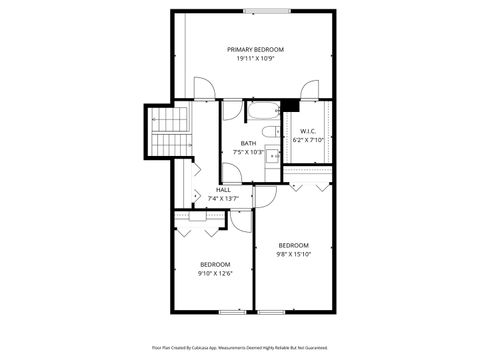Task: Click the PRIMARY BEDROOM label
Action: point(255,49)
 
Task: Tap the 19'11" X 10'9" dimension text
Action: point(255,59)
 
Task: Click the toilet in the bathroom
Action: point(267,131)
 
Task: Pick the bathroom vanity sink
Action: point(272,156)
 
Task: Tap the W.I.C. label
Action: point(307,131)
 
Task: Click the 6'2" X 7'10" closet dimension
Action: point(307,140)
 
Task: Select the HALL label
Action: point(223,189)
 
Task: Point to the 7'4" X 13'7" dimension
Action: point(223,198)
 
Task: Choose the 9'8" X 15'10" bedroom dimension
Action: point(293,254)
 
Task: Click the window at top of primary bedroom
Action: point(262,11)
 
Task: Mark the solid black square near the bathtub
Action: point(290,105)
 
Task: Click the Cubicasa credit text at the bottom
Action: point(239,347)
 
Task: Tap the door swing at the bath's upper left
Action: point(230,113)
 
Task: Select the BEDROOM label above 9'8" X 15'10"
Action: point(293,245)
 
